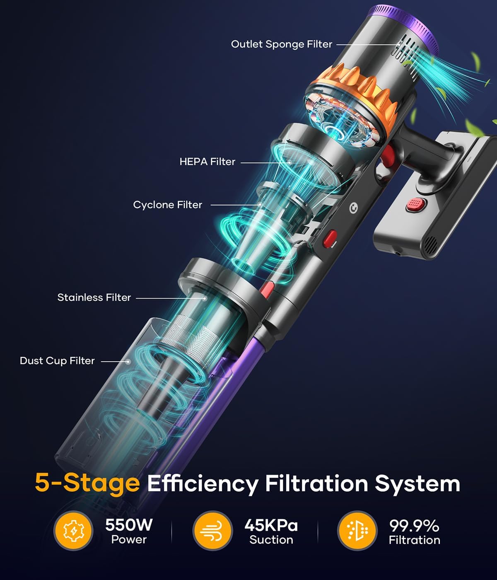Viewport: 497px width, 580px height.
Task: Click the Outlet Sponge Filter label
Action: [x=281, y=44]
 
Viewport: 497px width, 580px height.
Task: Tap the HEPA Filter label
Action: [x=207, y=162]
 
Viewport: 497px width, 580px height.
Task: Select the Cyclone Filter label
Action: [x=167, y=205]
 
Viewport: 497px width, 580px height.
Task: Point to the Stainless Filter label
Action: [x=94, y=297]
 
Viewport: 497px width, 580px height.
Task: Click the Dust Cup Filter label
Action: [x=57, y=361]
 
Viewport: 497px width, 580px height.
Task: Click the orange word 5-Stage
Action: [x=87, y=483]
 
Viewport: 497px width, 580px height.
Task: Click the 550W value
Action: [x=129, y=525]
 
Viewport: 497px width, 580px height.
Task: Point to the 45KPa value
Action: [x=271, y=525]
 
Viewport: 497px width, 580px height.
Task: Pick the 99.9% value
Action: [x=414, y=526]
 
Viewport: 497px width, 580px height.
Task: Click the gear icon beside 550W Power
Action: [x=73, y=531]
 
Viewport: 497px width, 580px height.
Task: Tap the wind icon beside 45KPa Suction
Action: [x=212, y=531]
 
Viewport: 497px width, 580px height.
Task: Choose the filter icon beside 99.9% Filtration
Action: [x=357, y=531]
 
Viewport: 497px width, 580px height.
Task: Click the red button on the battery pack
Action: [x=415, y=204]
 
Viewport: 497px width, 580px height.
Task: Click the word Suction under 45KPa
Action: [x=271, y=540]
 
